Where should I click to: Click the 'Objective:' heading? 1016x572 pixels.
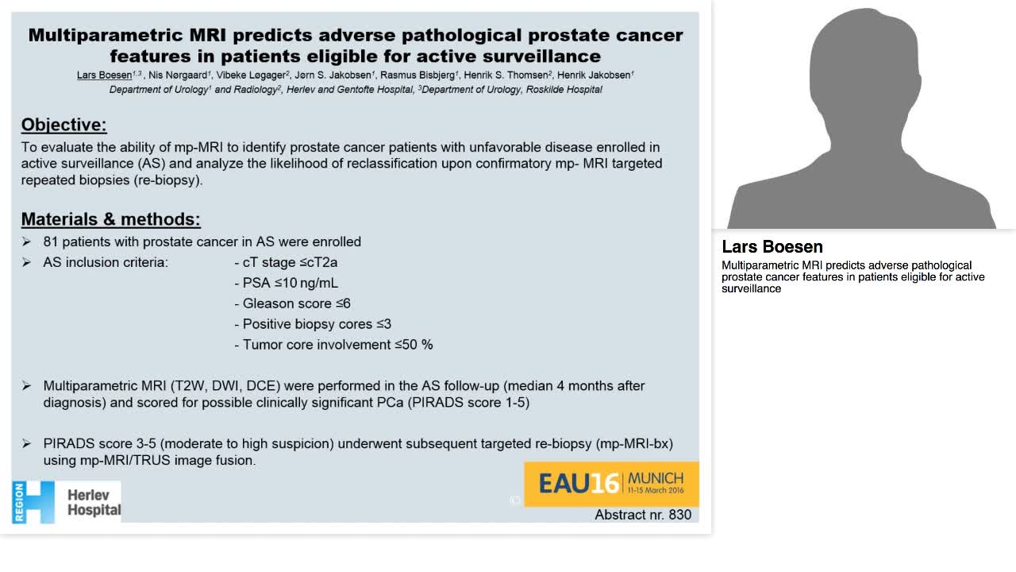[63, 125]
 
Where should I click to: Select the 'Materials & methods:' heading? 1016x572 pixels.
[110, 219]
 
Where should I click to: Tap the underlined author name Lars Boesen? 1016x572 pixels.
[104, 75]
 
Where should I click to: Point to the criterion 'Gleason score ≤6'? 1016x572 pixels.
[292, 303]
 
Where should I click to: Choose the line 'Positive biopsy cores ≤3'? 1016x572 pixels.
[313, 324]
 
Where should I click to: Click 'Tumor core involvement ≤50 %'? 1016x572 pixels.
[333, 345]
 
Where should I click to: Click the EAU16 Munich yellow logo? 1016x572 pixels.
[611, 483]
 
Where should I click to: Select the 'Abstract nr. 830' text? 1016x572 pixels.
[643, 515]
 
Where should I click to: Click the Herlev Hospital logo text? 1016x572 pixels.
[94, 502]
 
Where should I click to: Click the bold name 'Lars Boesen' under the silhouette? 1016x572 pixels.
[772, 247]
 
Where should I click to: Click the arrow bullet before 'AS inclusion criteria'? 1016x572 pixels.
[26, 262]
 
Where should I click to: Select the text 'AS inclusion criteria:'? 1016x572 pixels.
[106, 262]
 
